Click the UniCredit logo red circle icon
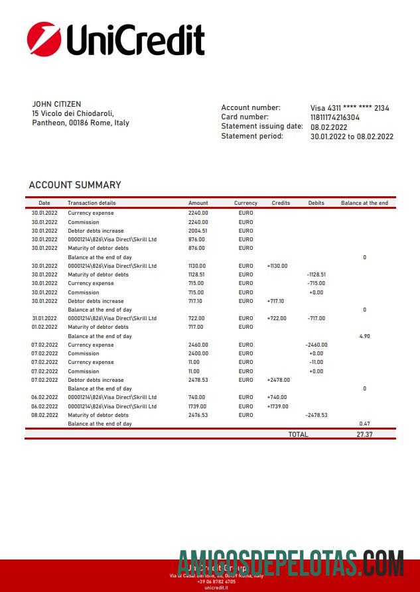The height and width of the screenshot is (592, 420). (x=43, y=38)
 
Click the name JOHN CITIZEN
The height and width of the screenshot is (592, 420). (x=56, y=104)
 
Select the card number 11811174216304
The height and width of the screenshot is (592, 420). (x=335, y=117)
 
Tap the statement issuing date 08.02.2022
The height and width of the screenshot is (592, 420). (x=329, y=127)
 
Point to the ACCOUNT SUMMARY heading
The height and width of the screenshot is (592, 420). (x=75, y=185)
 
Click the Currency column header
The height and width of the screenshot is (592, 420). (x=245, y=203)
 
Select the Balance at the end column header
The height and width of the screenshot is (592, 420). (x=364, y=203)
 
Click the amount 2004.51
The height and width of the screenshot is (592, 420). (x=198, y=231)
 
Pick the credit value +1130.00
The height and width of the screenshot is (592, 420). (x=277, y=266)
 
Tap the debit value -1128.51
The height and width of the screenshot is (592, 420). (x=316, y=274)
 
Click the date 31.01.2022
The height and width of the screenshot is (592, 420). (x=44, y=318)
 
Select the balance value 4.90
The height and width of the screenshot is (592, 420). (x=364, y=336)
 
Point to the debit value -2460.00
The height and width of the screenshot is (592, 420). (x=316, y=345)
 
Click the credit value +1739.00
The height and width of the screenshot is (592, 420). (x=277, y=406)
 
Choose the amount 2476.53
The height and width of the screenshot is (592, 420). (x=198, y=415)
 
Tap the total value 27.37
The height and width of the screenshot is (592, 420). (x=364, y=434)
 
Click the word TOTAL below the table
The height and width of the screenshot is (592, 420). (x=298, y=434)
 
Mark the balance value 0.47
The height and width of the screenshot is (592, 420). (x=364, y=424)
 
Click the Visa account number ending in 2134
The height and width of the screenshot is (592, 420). (x=350, y=108)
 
